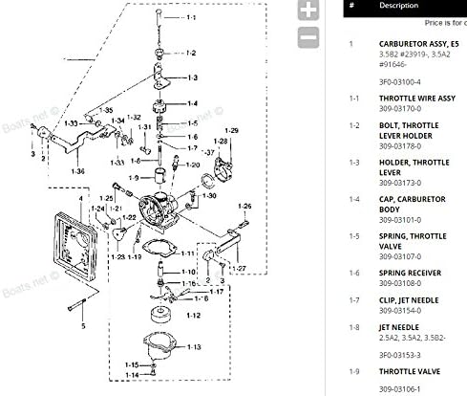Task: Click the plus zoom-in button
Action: [x=308, y=11]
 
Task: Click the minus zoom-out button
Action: [x=308, y=38]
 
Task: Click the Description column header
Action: [x=398, y=5]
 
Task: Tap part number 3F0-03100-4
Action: [x=399, y=82]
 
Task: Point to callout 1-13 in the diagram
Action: [x=195, y=347]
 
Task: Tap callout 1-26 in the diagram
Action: [x=244, y=206]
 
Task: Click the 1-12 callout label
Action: [x=193, y=315]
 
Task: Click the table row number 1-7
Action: [x=354, y=299]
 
